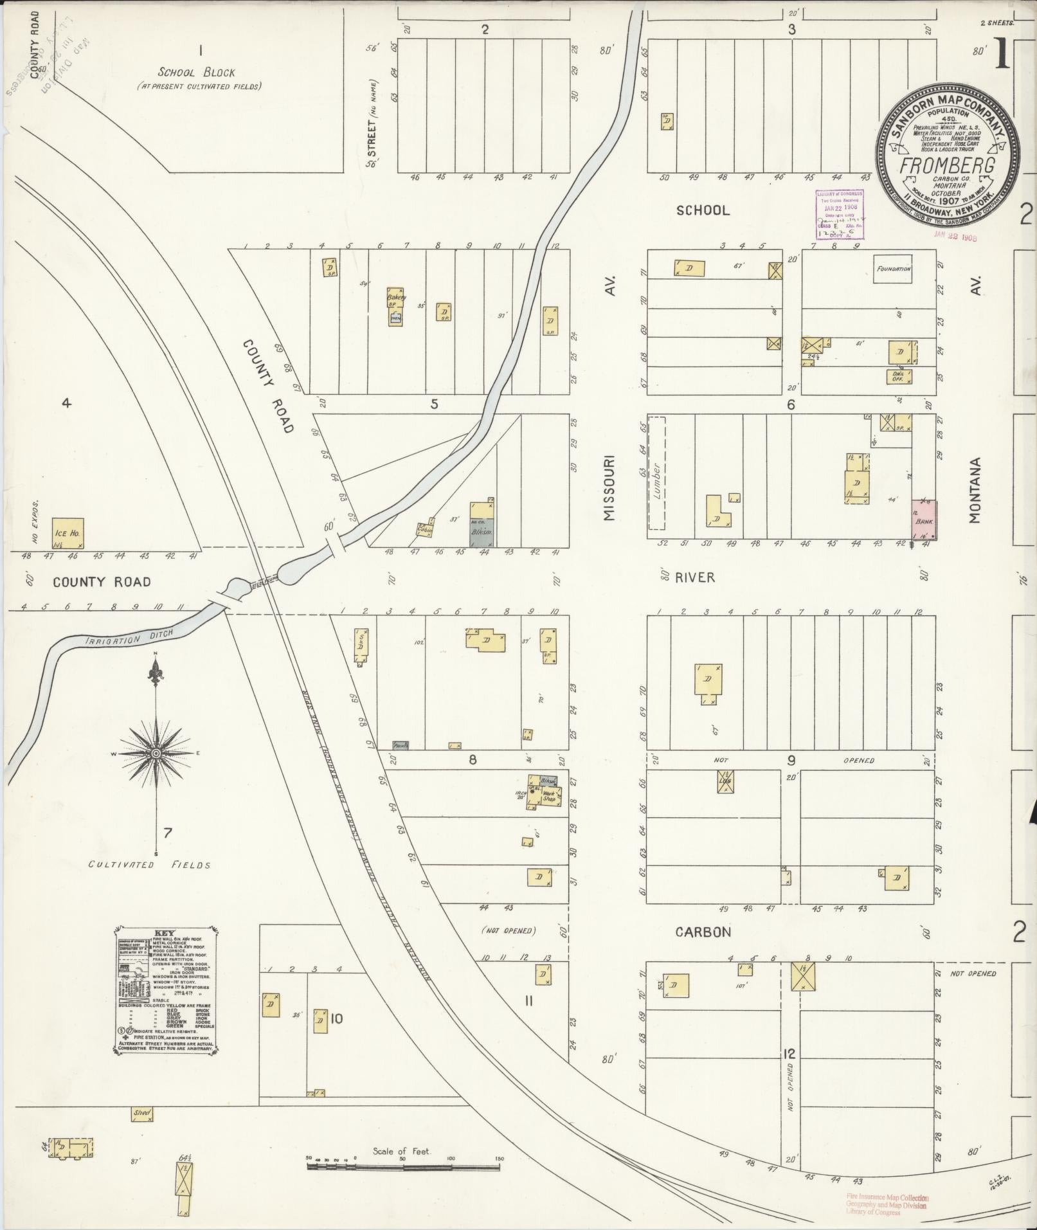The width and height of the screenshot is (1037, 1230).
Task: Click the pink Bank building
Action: click(924, 520)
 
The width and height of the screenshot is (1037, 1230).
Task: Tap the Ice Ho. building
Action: click(68, 532)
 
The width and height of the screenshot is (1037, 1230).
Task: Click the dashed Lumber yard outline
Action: click(656, 473)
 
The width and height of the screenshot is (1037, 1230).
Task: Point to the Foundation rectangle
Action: click(894, 269)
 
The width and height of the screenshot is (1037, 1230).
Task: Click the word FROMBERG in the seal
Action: click(947, 165)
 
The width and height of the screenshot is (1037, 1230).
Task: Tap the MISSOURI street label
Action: click(609, 488)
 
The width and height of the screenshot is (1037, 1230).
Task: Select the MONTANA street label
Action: click(976, 490)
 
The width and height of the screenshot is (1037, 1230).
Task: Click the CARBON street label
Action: click(703, 932)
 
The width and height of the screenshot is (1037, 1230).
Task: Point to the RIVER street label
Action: click(695, 577)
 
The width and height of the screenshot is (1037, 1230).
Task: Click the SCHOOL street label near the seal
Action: click(703, 210)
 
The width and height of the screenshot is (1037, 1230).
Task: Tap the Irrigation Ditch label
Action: click(113, 638)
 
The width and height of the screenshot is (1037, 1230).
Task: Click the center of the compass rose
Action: click(156, 753)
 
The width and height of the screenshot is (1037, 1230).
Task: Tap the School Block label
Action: click(197, 73)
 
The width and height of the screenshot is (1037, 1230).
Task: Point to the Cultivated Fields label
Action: click(149, 865)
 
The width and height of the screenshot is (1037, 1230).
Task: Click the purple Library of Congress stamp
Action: click(840, 215)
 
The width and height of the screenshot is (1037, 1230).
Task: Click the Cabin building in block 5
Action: click(424, 530)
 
